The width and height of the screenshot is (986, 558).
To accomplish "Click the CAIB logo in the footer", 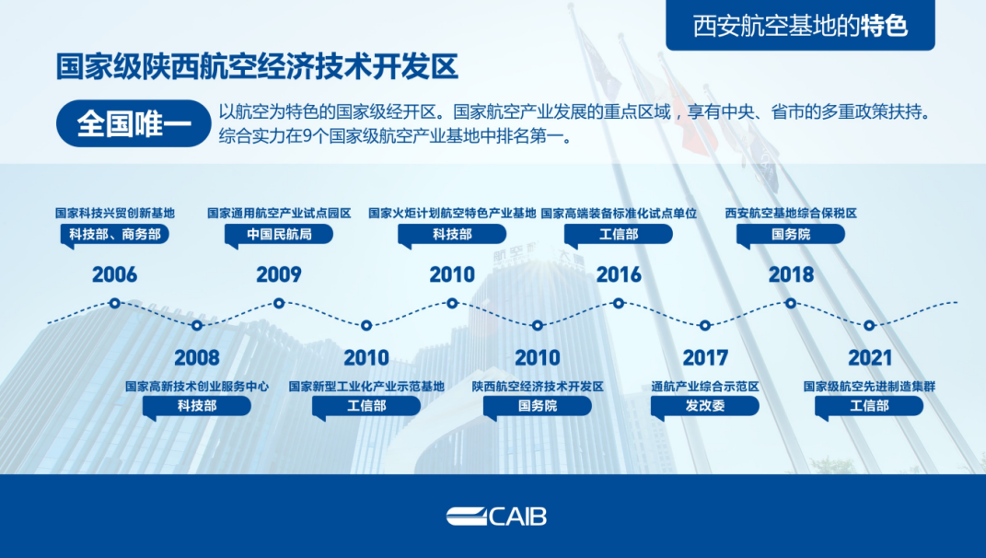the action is click(497, 517).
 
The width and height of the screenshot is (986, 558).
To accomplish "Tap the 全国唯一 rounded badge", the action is click(133, 123).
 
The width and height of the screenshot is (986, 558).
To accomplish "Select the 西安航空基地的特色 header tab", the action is click(800, 25).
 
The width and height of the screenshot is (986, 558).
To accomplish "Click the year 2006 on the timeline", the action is click(114, 274).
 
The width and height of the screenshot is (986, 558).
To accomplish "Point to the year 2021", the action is click(870, 358).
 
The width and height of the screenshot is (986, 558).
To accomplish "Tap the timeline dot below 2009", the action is click(279, 303).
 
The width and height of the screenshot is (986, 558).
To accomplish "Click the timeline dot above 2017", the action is click(705, 325).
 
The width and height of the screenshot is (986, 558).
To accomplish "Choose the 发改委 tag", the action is click(705, 407).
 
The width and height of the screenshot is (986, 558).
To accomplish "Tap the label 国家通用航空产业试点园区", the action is click(279, 214).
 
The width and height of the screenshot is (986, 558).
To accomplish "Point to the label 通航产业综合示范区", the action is click(705, 386).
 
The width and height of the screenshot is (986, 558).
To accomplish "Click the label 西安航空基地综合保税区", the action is click(791, 214).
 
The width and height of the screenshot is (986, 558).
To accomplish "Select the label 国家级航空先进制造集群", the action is click(869, 386).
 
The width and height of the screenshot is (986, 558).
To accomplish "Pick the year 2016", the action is click(619, 274).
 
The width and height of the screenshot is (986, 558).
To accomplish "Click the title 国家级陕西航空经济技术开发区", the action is click(257, 66).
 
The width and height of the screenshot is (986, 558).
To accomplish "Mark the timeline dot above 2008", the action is click(197, 325).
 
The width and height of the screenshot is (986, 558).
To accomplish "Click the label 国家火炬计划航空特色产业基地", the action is click(452, 214).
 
